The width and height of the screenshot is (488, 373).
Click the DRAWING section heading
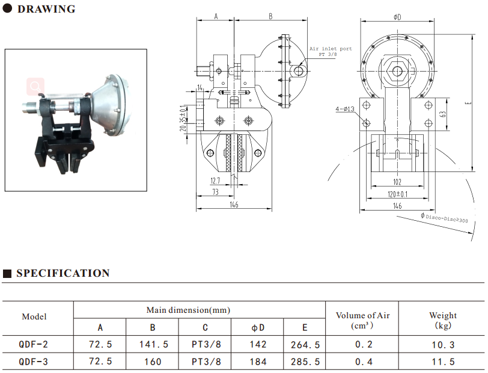point(46,9)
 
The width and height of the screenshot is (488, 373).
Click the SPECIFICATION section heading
point(63,273)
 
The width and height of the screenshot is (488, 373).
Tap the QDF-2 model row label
point(34,345)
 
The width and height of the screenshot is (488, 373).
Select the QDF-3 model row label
point(34,362)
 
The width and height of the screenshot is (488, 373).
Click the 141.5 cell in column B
point(153,345)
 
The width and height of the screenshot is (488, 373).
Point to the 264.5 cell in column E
point(305,345)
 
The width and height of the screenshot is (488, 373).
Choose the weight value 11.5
point(443,362)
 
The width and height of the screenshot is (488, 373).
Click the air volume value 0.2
point(363,345)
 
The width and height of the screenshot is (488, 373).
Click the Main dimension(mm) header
point(188,310)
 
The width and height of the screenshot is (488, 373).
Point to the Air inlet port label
point(331,49)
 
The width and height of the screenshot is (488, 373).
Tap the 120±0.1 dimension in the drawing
point(397,194)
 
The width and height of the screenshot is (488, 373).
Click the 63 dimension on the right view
point(442,114)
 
